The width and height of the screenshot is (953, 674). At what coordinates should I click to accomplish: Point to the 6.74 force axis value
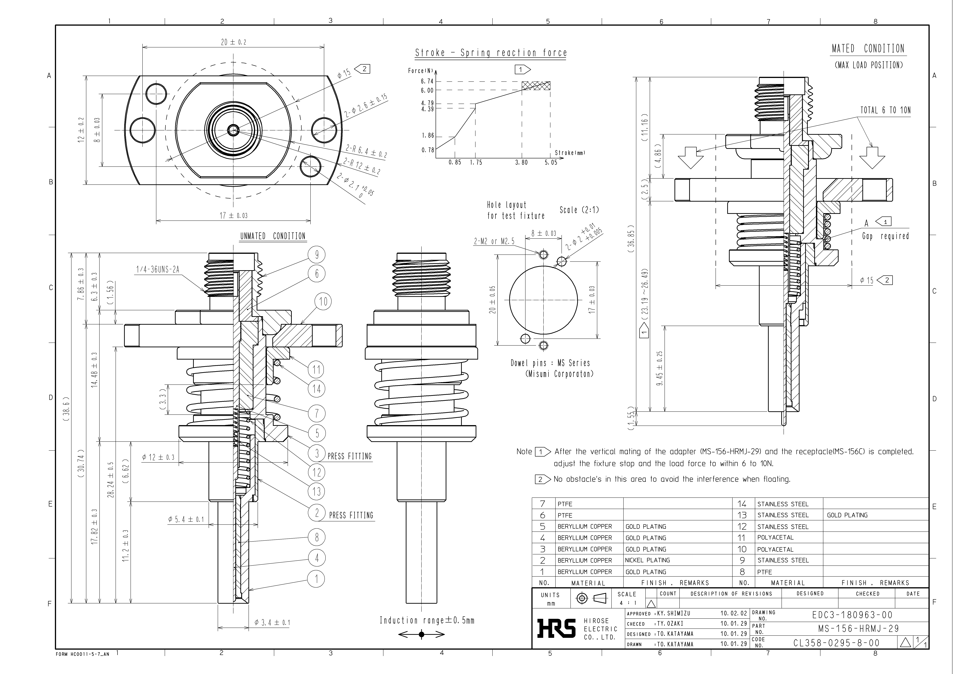click(x=427, y=81)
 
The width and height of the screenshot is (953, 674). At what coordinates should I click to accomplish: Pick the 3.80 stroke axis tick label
click(x=521, y=163)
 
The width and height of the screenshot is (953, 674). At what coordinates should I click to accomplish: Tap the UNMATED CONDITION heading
click(x=273, y=236)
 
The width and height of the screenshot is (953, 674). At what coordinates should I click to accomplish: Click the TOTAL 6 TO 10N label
click(x=885, y=110)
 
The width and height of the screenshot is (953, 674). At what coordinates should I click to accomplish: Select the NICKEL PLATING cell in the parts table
click(x=648, y=560)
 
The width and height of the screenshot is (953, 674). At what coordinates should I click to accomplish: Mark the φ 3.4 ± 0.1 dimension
click(x=272, y=623)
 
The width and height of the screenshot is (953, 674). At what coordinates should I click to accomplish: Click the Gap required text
click(x=885, y=236)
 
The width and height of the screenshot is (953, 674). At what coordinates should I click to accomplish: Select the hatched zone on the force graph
click(x=536, y=85)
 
